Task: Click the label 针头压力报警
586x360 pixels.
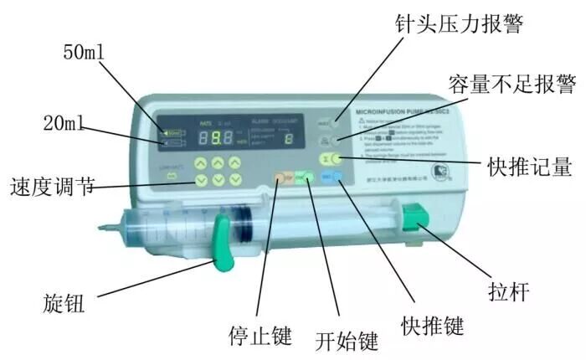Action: click(461, 23)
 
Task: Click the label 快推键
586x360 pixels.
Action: click(433, 323)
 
